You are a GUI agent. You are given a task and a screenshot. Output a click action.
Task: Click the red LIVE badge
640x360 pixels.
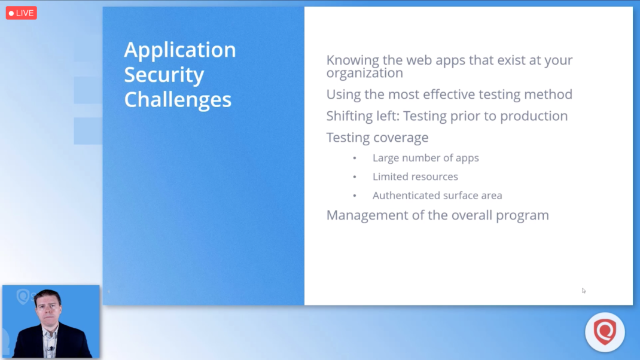pos(21,13)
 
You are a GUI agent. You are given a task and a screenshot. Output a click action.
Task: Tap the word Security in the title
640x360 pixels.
pos(164,75)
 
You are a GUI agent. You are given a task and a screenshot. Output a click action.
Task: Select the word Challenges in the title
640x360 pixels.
pos(178,100)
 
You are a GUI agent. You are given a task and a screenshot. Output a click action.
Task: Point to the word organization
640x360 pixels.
pos(364,73)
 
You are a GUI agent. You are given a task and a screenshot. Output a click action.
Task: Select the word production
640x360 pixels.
pos(534,117)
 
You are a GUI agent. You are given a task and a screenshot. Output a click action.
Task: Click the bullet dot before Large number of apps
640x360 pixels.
pos(355,158)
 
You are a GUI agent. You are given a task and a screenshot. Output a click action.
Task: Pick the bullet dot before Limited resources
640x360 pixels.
pos(355,177)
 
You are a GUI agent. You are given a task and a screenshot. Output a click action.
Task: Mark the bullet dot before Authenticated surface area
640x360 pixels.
pos(355,196)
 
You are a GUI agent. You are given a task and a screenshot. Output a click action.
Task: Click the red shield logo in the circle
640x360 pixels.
pos(605,331)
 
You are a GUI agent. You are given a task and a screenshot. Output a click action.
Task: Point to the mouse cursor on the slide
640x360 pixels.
pos(584,291)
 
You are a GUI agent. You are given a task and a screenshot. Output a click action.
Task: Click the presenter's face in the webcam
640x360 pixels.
pos(48,309)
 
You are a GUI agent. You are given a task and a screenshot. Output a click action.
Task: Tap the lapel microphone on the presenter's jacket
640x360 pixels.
pos(51,349)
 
